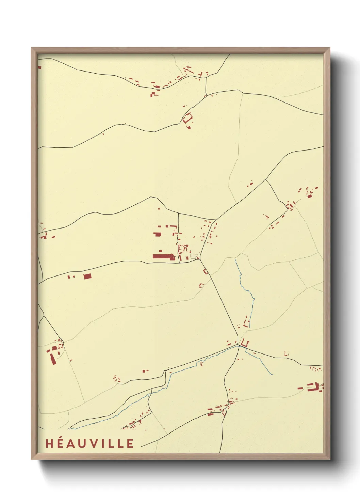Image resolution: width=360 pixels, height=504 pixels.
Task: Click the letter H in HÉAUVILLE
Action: tap(49, 443)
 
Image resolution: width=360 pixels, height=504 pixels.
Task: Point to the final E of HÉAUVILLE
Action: tap(130, 443)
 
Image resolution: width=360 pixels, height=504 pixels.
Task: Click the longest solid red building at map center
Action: tap(163, 256)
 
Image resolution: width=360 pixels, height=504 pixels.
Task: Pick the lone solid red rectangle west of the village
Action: tap(87, 276)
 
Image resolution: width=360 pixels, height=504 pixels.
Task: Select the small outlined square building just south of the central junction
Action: tap(206, 271)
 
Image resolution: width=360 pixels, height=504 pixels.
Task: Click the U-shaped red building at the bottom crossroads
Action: tap(245, 343)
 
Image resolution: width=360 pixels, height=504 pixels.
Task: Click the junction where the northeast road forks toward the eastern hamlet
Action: tap(266, 179)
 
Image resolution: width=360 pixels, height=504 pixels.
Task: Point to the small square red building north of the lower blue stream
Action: tap(145, 371)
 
